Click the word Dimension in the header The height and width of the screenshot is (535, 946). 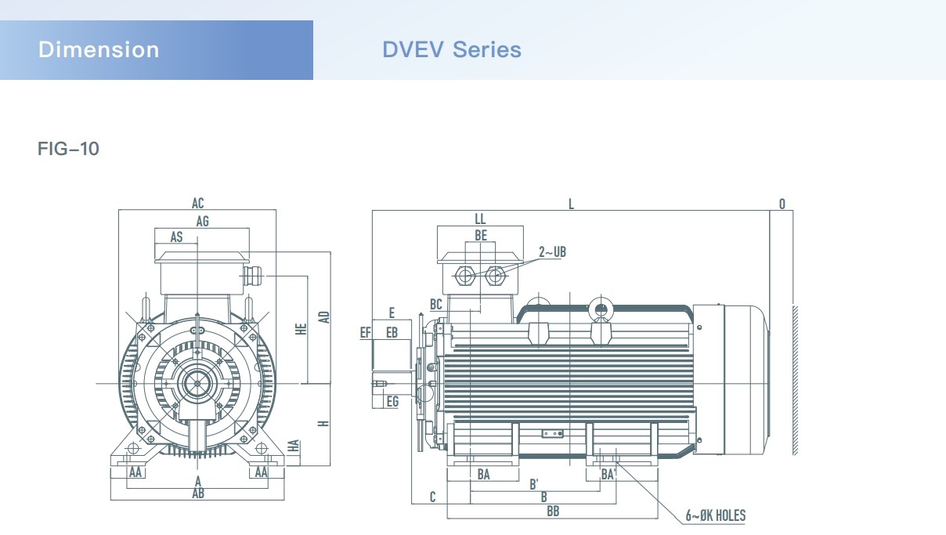click(x=99, y=49)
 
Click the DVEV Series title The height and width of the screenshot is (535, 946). click(x=452, y=49)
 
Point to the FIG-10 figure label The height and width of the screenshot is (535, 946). click(x=68, y=149)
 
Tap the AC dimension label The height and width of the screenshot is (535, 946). click(x=197, y=203)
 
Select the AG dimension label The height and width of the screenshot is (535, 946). click(x=202, y=221)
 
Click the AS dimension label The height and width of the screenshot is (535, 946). click(x=176, y=237)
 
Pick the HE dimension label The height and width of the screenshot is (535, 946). click(x=301, y=329)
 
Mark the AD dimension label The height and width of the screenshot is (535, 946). click(x=324, y=317)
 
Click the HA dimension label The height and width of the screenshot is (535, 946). click(x=294, y=446)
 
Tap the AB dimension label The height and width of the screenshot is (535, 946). click(x=198, y=493)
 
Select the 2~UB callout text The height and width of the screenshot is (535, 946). click(x=552, y=252)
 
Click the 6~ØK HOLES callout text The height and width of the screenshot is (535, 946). click(x=716, y=515)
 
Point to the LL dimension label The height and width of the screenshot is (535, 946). click(x=480, y=219)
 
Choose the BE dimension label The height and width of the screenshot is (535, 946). click(x=481, y=235)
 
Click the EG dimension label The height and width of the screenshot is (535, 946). click(x=392, y=401)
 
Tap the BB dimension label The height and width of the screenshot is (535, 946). click(x=553, y=512)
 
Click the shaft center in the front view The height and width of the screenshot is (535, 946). click(x=197, y=384)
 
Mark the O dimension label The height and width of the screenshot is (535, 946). click(x=782, y=204)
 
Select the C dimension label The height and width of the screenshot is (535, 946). click(x=432, y=497)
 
